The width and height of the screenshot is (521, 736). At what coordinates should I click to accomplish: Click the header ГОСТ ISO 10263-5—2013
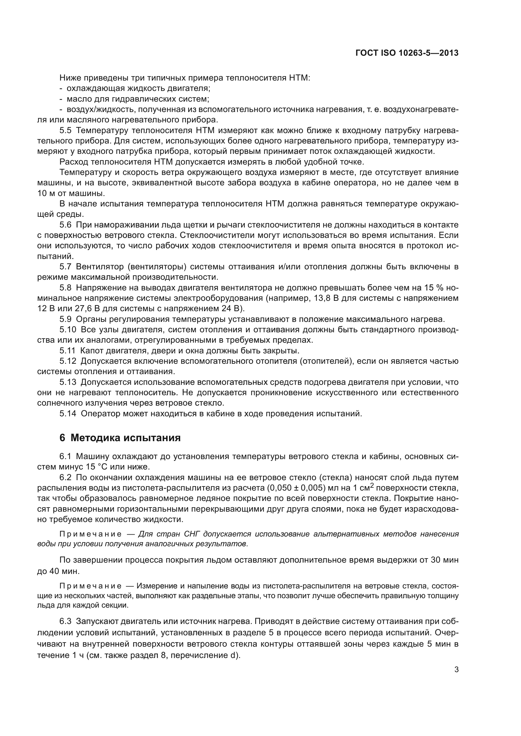[x=407, y=53]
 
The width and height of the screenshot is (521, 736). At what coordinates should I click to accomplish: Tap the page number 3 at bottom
[x=456, y=669]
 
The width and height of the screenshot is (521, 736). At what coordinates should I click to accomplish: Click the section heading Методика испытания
[x=125, y=438]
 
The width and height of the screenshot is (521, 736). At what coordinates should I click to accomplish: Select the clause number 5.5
[x=66, y=131]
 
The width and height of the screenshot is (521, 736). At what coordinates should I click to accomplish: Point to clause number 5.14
[x=68, y=413]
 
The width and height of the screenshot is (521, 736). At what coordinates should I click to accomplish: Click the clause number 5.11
[x=68, y=351]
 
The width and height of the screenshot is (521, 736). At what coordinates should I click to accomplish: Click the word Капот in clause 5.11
[x=91, y=351]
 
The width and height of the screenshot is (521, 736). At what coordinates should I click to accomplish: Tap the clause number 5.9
[x=66, y=319]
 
